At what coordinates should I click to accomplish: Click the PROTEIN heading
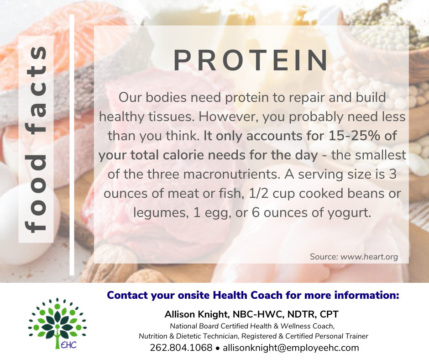tap(251, 60)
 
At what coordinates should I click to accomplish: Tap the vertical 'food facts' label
tap(36, 139)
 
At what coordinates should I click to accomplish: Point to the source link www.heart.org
tap(369, 257)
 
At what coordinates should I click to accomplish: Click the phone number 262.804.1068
tap(181, 348)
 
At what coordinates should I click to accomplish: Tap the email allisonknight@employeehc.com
tap(291, 348)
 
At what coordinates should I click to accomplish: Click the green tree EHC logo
tap(57, 323)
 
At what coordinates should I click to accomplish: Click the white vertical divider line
tap(72, 145)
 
